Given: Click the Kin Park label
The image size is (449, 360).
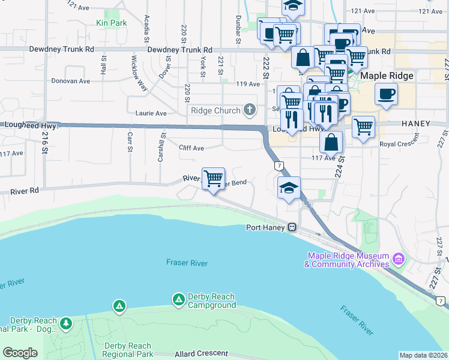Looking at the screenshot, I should click(111, 23).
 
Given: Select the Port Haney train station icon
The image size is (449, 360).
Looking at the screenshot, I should click(292, 227).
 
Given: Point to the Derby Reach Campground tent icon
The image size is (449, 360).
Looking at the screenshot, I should click(178, 299).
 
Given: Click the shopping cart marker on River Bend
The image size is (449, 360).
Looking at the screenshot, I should click(213, 179).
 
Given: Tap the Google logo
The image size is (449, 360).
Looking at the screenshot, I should click(20, 353).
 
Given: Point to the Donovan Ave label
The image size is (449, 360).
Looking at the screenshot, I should click(70, 81).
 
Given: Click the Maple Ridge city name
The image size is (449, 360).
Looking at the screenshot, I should click(387, 76).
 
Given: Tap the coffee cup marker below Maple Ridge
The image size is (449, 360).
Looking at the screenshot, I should click(385, 94).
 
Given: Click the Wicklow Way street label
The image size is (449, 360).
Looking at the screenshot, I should click(134, 73).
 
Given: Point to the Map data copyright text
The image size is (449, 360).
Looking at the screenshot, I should click(423, 355).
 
